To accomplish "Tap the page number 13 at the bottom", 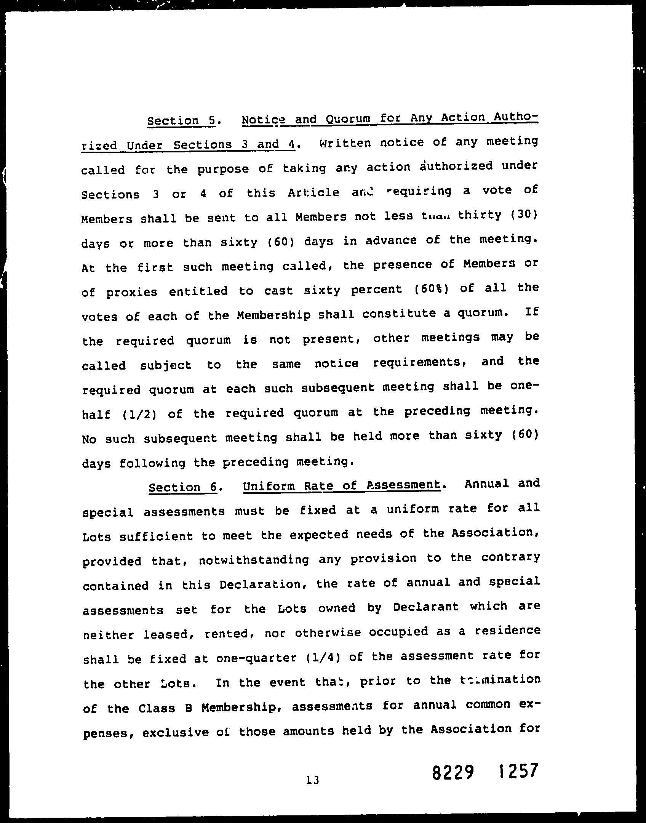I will tap(312, 780).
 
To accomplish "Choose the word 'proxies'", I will tap(131, 292).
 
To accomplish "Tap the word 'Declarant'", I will tap(425, 607).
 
